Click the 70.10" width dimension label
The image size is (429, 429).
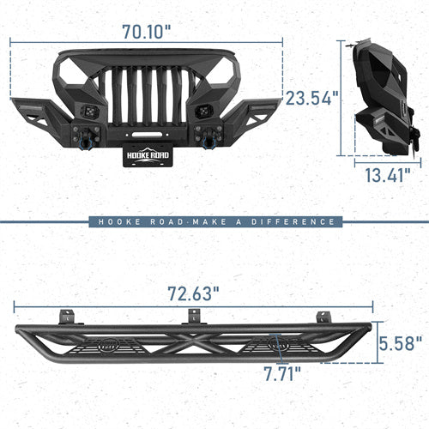[x=145, y=31]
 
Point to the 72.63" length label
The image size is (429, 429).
[x=194, y=292]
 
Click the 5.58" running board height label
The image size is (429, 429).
[x=401, y=345]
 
